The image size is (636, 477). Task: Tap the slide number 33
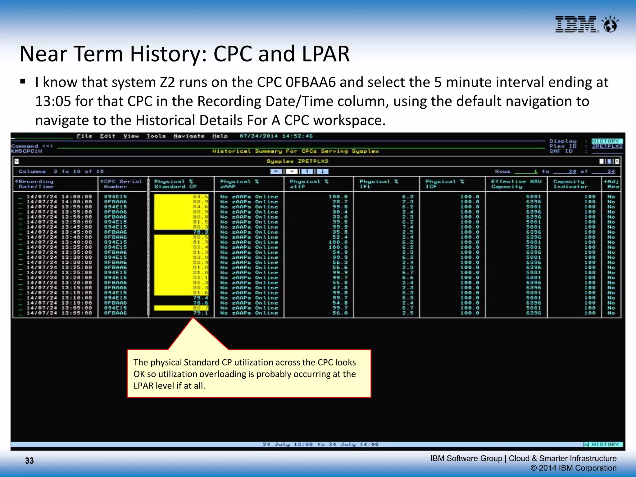[30, 461]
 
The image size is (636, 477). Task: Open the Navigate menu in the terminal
[189, 136]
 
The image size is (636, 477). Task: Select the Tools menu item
[156, 136]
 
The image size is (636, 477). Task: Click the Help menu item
[220, 136]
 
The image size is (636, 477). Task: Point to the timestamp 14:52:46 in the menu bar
[297, 136]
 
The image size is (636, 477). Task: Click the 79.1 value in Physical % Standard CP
[201, 313]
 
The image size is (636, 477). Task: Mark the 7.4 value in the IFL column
[408, 227]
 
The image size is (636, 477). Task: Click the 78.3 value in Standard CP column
[201, 232]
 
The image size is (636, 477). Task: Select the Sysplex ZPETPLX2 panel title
[297, 161]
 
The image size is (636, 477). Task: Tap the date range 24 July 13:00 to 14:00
[320, 444]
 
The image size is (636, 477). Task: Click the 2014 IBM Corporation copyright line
[573, 468]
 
